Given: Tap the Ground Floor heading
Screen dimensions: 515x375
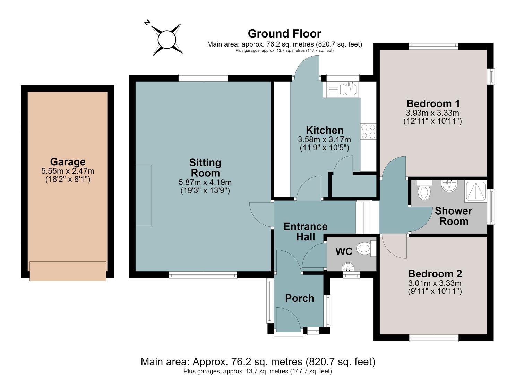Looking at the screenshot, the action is tap(284, 34).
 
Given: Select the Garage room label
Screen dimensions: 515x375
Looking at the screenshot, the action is tap(68, 161).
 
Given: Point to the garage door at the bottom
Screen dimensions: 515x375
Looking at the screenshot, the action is tap(68, 271).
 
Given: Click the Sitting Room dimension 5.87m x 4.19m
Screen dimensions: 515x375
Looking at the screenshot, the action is tap(205, 182).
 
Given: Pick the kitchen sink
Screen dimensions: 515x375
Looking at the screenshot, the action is tap(342, 89).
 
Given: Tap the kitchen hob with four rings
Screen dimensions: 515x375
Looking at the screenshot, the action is tap(368, 131).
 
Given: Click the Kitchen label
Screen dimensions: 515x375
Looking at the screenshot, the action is tap(325, 130).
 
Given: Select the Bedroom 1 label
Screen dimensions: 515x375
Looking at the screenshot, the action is tap(433, 103).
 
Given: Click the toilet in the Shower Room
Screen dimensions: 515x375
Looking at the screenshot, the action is tap(424, 190).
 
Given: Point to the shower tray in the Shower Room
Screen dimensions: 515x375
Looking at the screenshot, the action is tap(475, 192).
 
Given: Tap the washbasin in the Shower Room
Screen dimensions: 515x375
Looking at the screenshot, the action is tap(449, 186).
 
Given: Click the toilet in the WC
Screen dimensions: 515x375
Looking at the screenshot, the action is tap(366, 249).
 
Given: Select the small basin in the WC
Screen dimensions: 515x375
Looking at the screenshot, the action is tap(348, 267).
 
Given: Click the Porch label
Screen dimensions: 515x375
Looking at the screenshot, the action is tap(300, 298).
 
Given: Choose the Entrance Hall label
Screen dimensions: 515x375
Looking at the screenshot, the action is tap(306, 232).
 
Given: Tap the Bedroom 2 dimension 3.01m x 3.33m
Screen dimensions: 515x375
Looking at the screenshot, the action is tap(435, 283).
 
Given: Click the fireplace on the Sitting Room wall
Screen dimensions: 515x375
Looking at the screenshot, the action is tap(144, 195).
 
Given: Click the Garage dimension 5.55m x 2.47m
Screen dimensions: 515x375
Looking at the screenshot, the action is tap(68, 171).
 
